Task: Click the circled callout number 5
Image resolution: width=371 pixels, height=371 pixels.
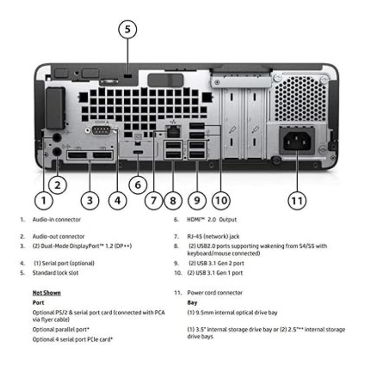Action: click(128, 30)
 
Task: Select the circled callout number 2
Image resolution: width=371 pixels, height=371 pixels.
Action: click(58, 185)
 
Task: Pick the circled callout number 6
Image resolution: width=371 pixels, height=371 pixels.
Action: click(138, 185)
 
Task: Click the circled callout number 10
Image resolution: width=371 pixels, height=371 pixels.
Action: click(221, 201)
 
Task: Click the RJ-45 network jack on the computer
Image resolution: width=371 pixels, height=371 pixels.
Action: click(173, 131)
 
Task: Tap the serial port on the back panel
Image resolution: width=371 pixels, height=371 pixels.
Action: click(101, 130)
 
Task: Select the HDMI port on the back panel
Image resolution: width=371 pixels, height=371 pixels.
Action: click(138, 153)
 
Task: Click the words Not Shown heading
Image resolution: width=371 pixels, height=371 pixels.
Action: click(46, 293)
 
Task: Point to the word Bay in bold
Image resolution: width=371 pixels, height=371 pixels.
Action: click(192, 302)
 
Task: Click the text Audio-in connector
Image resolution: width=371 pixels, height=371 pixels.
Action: click(57, 219)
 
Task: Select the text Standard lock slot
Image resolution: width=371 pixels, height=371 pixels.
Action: click(55, 273)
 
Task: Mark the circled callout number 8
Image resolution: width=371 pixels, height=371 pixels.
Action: click(173, 201)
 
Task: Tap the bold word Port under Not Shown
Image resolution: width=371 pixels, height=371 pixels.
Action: click(38, 302)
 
